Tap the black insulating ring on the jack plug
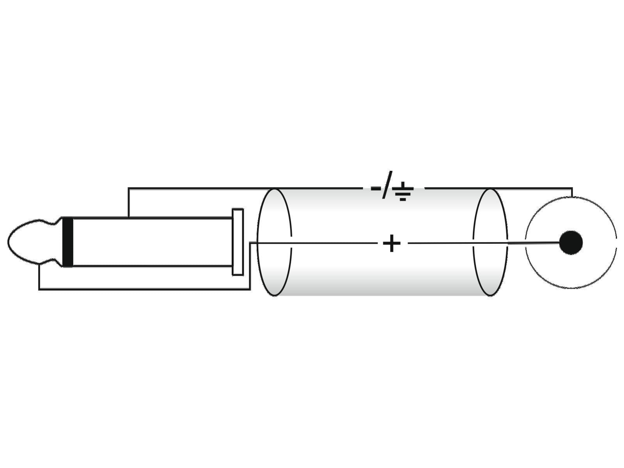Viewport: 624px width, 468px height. click(67, 242)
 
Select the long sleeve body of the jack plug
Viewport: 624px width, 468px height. click(152, 242)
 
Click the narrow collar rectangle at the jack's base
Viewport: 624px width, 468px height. click(238, 242)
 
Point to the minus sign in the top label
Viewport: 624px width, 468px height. click(376, 188)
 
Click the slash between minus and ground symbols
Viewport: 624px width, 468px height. click(387, 185)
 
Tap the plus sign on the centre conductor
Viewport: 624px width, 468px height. click(392, 243)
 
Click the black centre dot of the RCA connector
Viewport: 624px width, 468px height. click(571, 243)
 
